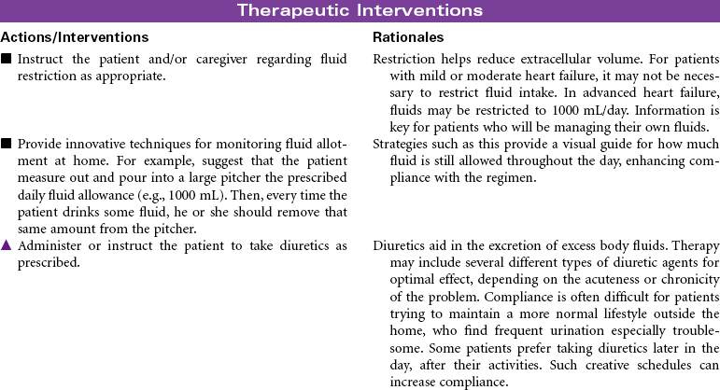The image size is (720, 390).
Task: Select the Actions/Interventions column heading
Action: click(x=75, y=37)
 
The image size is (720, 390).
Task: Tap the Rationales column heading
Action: click(x=408, y=37)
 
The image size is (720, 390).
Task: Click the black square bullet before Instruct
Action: click(x=7, y=59)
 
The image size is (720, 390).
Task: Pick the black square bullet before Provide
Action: click(x=7, y=144)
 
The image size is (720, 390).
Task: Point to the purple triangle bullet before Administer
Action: click(x=7, y=245)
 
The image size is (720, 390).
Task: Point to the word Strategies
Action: click(x=400, y=144)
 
